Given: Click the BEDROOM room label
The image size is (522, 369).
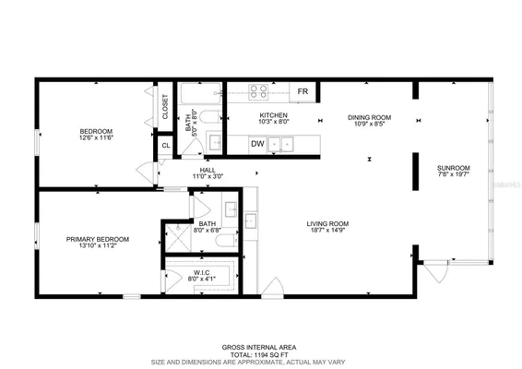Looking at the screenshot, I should (96, 132).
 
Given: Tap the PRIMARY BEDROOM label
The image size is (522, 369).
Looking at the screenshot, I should (97, 239).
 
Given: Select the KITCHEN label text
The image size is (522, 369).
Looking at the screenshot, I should (274, 115).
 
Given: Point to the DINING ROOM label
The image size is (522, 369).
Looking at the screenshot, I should (369, 117).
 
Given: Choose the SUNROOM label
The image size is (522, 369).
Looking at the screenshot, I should (453, 167).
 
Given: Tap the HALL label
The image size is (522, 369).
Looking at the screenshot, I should (208, 170).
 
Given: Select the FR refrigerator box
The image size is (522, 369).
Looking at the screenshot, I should (303, 91).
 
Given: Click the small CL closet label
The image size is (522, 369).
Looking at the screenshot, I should (166, 146).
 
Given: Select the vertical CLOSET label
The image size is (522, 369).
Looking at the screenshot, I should (166, 108).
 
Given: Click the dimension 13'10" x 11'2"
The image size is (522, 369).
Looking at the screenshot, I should (97, 246).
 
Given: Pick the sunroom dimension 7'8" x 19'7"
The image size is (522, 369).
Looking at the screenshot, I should (453, 174).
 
